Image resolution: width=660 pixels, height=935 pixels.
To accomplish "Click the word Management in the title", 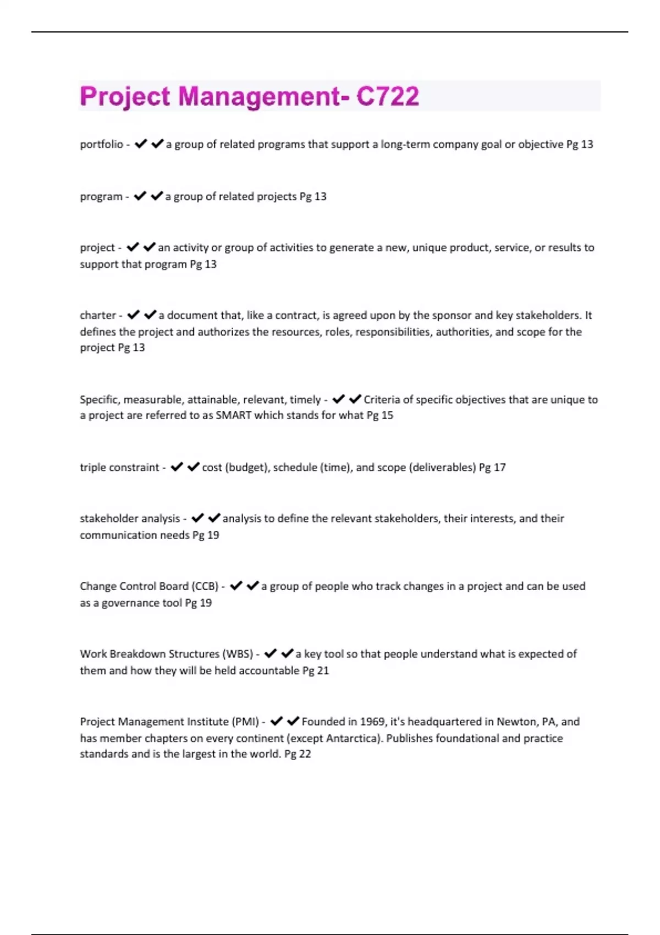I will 259,96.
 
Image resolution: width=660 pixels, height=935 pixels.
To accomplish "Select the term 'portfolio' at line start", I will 101,144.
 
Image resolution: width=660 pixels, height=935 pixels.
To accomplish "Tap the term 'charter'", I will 98,315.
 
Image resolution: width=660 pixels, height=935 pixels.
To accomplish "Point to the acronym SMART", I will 233,415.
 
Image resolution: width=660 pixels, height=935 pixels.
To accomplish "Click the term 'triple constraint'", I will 119,468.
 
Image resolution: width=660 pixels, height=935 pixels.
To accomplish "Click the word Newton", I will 517,722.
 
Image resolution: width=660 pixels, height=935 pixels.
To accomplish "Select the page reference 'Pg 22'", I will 298,754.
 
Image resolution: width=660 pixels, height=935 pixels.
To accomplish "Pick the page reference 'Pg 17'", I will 492,468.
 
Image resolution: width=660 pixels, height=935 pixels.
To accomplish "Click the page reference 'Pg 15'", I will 380,415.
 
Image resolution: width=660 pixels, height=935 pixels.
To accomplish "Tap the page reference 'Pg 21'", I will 316,670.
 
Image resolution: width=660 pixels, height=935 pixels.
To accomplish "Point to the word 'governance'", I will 130,603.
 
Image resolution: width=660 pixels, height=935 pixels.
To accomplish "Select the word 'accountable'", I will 269,670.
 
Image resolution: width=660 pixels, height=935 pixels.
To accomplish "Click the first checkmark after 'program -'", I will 140,196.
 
